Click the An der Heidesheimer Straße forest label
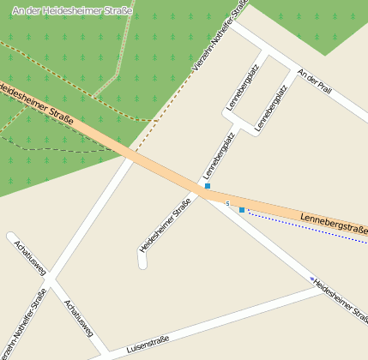pyautogui.click(x=73, y=9)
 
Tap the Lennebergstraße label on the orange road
pyautogui.click(x=335, y=225)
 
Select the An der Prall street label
pyautogui.click(x=313, y=83)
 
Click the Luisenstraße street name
pyautogui.click(x=148, y=344)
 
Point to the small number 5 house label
pyautogui.click(x=227, y=203)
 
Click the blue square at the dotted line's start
pyautogui.click(x=242, y=210)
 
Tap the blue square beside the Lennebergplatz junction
pyautogui.click(x=207, y=186)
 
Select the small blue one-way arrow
pyautogui.click(x=311, y=279)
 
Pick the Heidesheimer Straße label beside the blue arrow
pyautogui.click(x=341, y=298)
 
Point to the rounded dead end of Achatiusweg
pyautogui.click(x=12, y=237)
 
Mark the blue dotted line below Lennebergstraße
pyautogui.click(x=309, y=227)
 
